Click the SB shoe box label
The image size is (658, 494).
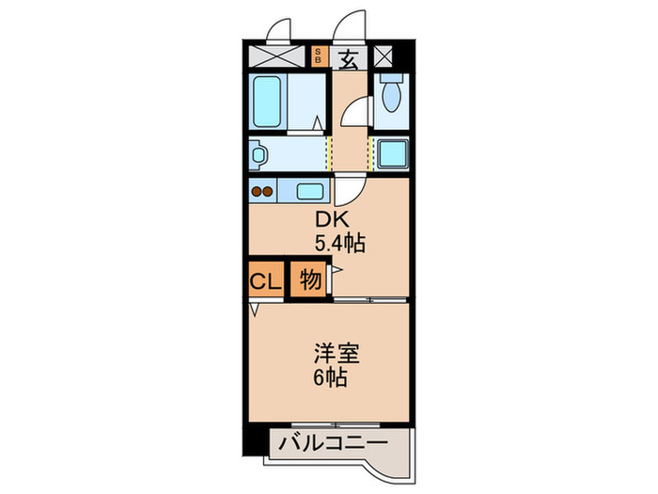[x=319, y=56]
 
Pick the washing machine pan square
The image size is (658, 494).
[x=390, y=151]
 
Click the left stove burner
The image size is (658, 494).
[x=257, y=193]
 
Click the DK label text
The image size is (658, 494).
[x=331, y=221]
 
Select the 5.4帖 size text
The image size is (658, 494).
[x=339, y=243]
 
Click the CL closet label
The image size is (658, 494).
[x=264, y=280]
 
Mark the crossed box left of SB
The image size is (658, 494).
[x=278, y=56]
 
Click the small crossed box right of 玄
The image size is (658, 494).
[x=384, y=56]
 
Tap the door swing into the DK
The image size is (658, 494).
[x=347, y=191]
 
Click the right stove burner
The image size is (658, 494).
[x=269, y=193]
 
